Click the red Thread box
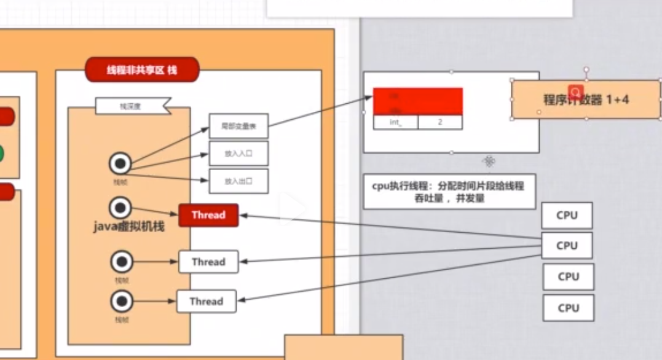[x=208, y=215]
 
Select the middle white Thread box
[x=208, y=262]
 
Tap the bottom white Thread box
[x=206, y=301]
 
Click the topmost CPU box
[x=567, y=216]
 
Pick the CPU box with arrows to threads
[x=567, y=246]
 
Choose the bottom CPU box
[x=568, y=308]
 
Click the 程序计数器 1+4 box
[x=586, y=100]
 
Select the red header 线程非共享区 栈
[x=142, y=70]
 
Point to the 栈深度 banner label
[x=132, y=106]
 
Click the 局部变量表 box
[x=238, y=126]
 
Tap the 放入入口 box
[x=238, y=154]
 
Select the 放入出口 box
[x=238, y=181]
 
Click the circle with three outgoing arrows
[x=120, y=163]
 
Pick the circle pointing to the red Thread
[x=120, y=208]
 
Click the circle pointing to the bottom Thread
[x=122, y=301]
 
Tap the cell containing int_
[x=395, y=122]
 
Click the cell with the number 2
[x=439, y=122]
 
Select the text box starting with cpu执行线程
[x=449, y=191]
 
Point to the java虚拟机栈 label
[x=129, y=227]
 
